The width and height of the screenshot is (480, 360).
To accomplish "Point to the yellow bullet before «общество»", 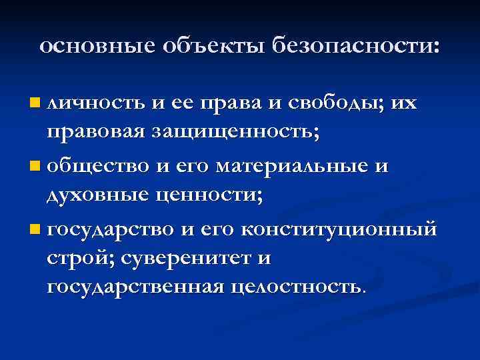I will tap(35, 165).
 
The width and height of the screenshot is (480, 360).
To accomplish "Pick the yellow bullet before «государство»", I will tap(35, 230).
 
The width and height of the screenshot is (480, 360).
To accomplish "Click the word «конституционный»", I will tap(339, 230).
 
